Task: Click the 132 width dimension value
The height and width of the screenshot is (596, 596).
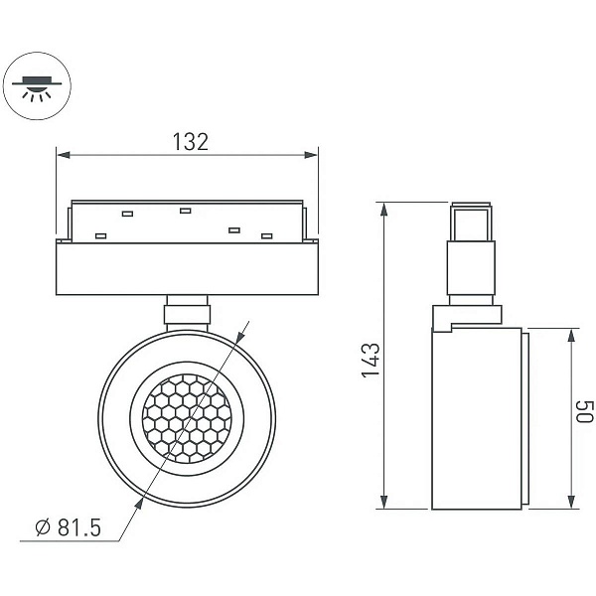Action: [x=191, y=142]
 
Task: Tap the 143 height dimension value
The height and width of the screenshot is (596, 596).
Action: [x=371, y=360]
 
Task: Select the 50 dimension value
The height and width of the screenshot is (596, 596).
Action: [x=584, y=411]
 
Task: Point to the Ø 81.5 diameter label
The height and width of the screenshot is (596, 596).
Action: [x=69, y=527]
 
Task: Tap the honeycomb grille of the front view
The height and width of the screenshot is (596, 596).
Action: [x=187, y=418]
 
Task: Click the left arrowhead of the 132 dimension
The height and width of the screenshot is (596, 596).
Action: [x=64, y=155]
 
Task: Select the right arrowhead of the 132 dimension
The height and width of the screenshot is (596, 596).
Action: [x=311, y=155]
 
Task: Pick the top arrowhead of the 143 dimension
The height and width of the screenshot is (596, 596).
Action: [x=383, y=210]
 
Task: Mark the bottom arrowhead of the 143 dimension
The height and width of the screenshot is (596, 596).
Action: [x=383, y=502]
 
